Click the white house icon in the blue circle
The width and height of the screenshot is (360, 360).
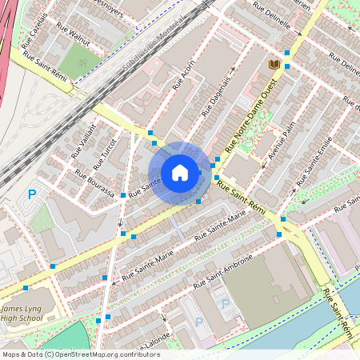pyautogui.click(x=180, y=173)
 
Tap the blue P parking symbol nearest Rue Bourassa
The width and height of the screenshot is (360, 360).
pyautogui.click(x=32, y=194)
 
